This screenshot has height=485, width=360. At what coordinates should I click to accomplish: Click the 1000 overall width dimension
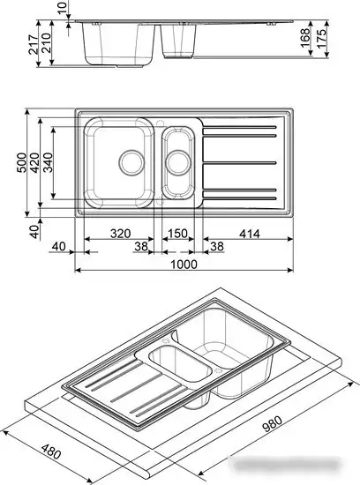pos(183,265)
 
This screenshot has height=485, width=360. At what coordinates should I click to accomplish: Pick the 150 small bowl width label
pos(179,233)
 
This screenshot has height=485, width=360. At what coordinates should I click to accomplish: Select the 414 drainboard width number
pos(248,233)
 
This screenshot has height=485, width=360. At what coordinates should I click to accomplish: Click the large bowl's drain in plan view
pos(129,160)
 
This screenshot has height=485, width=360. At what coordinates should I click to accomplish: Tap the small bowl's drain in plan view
pos(179,161)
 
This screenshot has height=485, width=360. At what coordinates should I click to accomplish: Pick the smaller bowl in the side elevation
pos(180,40)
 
